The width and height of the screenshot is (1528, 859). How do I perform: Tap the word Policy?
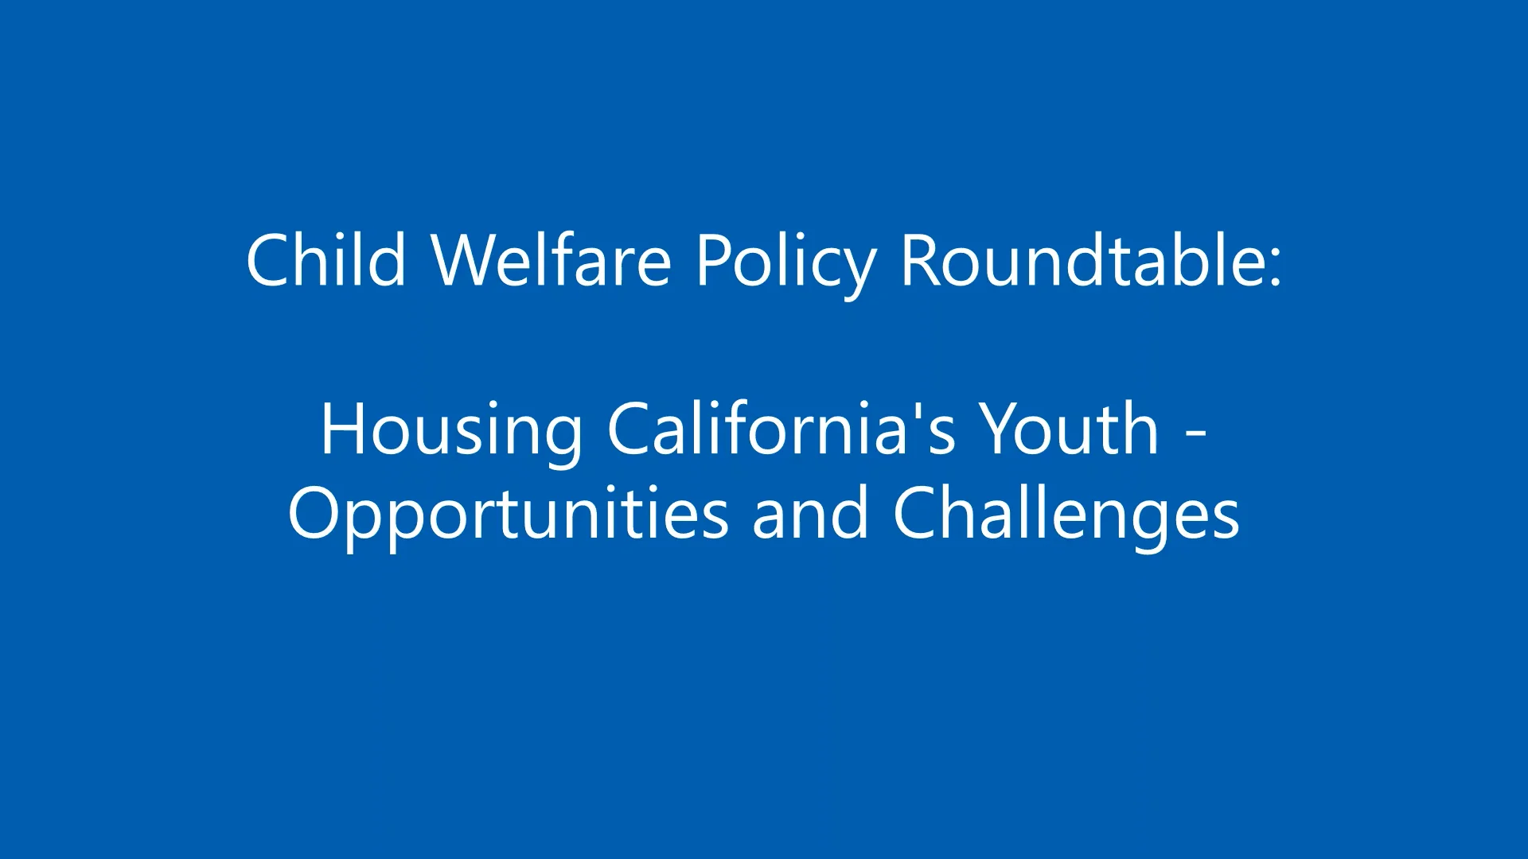[x=785, y=262]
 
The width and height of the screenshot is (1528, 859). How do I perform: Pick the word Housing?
[x=451, y=430]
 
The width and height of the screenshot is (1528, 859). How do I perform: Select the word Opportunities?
[x=508, y=516]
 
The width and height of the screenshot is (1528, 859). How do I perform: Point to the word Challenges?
[x=1066, y=516]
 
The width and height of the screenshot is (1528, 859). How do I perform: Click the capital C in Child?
[x=268, y=260]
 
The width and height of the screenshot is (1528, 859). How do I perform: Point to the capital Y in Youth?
[x=1000, y=429]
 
